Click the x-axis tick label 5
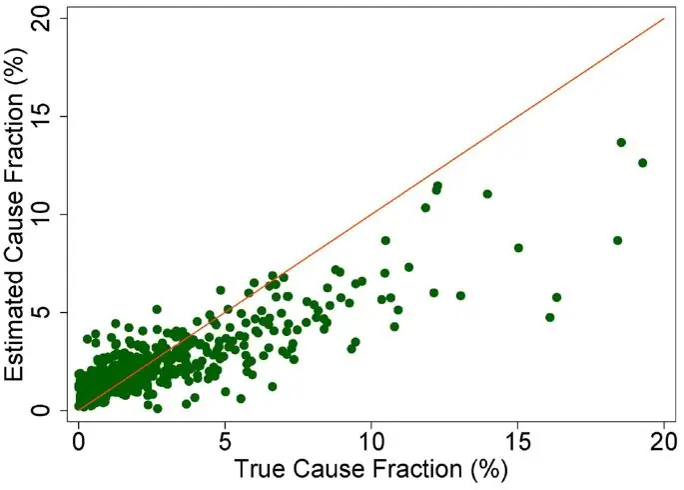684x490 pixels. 226,437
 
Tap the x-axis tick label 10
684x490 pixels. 371,437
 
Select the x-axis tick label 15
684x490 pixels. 518,437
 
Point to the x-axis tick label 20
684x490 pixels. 664,437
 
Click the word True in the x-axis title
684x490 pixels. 261,466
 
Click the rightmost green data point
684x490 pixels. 643,162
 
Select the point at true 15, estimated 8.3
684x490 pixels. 518,247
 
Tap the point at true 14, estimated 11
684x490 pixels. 487,194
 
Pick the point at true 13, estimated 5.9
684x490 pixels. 460,295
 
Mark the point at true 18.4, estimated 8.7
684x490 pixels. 617,240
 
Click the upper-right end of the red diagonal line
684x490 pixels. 664,18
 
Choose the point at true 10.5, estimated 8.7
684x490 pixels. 385,240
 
